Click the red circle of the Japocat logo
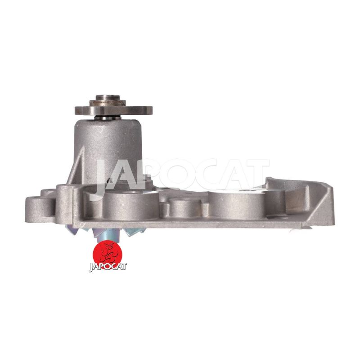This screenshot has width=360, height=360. pos(108,254)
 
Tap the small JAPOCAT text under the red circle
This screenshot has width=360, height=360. pos(108,267)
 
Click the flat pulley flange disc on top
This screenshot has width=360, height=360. pos(114,110)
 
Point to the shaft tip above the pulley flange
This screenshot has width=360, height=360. pos(108,97)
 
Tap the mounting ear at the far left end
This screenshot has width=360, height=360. pos(40,209)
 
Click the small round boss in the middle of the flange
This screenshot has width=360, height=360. pos(185,208)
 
